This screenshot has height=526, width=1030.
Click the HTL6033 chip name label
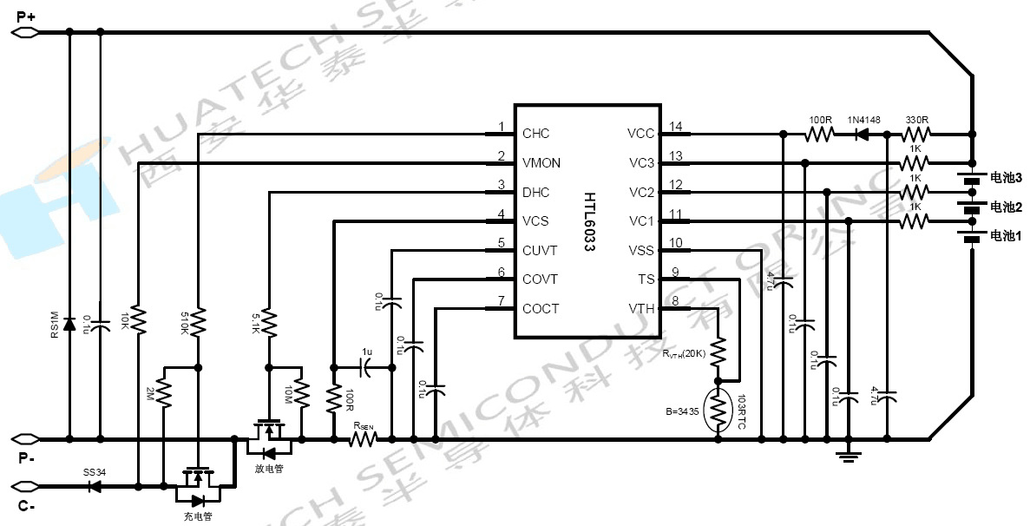tap(589, 221)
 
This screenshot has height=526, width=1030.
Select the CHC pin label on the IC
tap(535, 134)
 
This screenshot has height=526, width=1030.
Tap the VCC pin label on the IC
tap(640, 134)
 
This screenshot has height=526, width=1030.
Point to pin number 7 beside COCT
tap(501, 303)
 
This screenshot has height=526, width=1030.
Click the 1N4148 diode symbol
tap(863, 135)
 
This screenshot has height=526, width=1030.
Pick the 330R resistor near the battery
tap(917, 135)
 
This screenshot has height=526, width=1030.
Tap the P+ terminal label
tap(26, 16)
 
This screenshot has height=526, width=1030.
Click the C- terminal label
tap(26, 507)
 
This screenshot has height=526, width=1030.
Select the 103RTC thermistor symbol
tap(718, 410)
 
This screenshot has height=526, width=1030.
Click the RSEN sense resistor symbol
tap(363, 439)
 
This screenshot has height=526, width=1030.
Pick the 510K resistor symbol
tap(199, 323)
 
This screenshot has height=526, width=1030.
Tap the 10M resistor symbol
tap(300, 395)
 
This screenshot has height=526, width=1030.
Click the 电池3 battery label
tap(1006, 177)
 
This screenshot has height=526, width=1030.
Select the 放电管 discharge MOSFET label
tap(269, 470)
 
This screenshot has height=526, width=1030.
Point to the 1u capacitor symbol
tap(367, 367)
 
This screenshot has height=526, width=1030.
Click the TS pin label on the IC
tap(646, 279)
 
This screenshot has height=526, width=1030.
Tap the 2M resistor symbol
tap(163, 395)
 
